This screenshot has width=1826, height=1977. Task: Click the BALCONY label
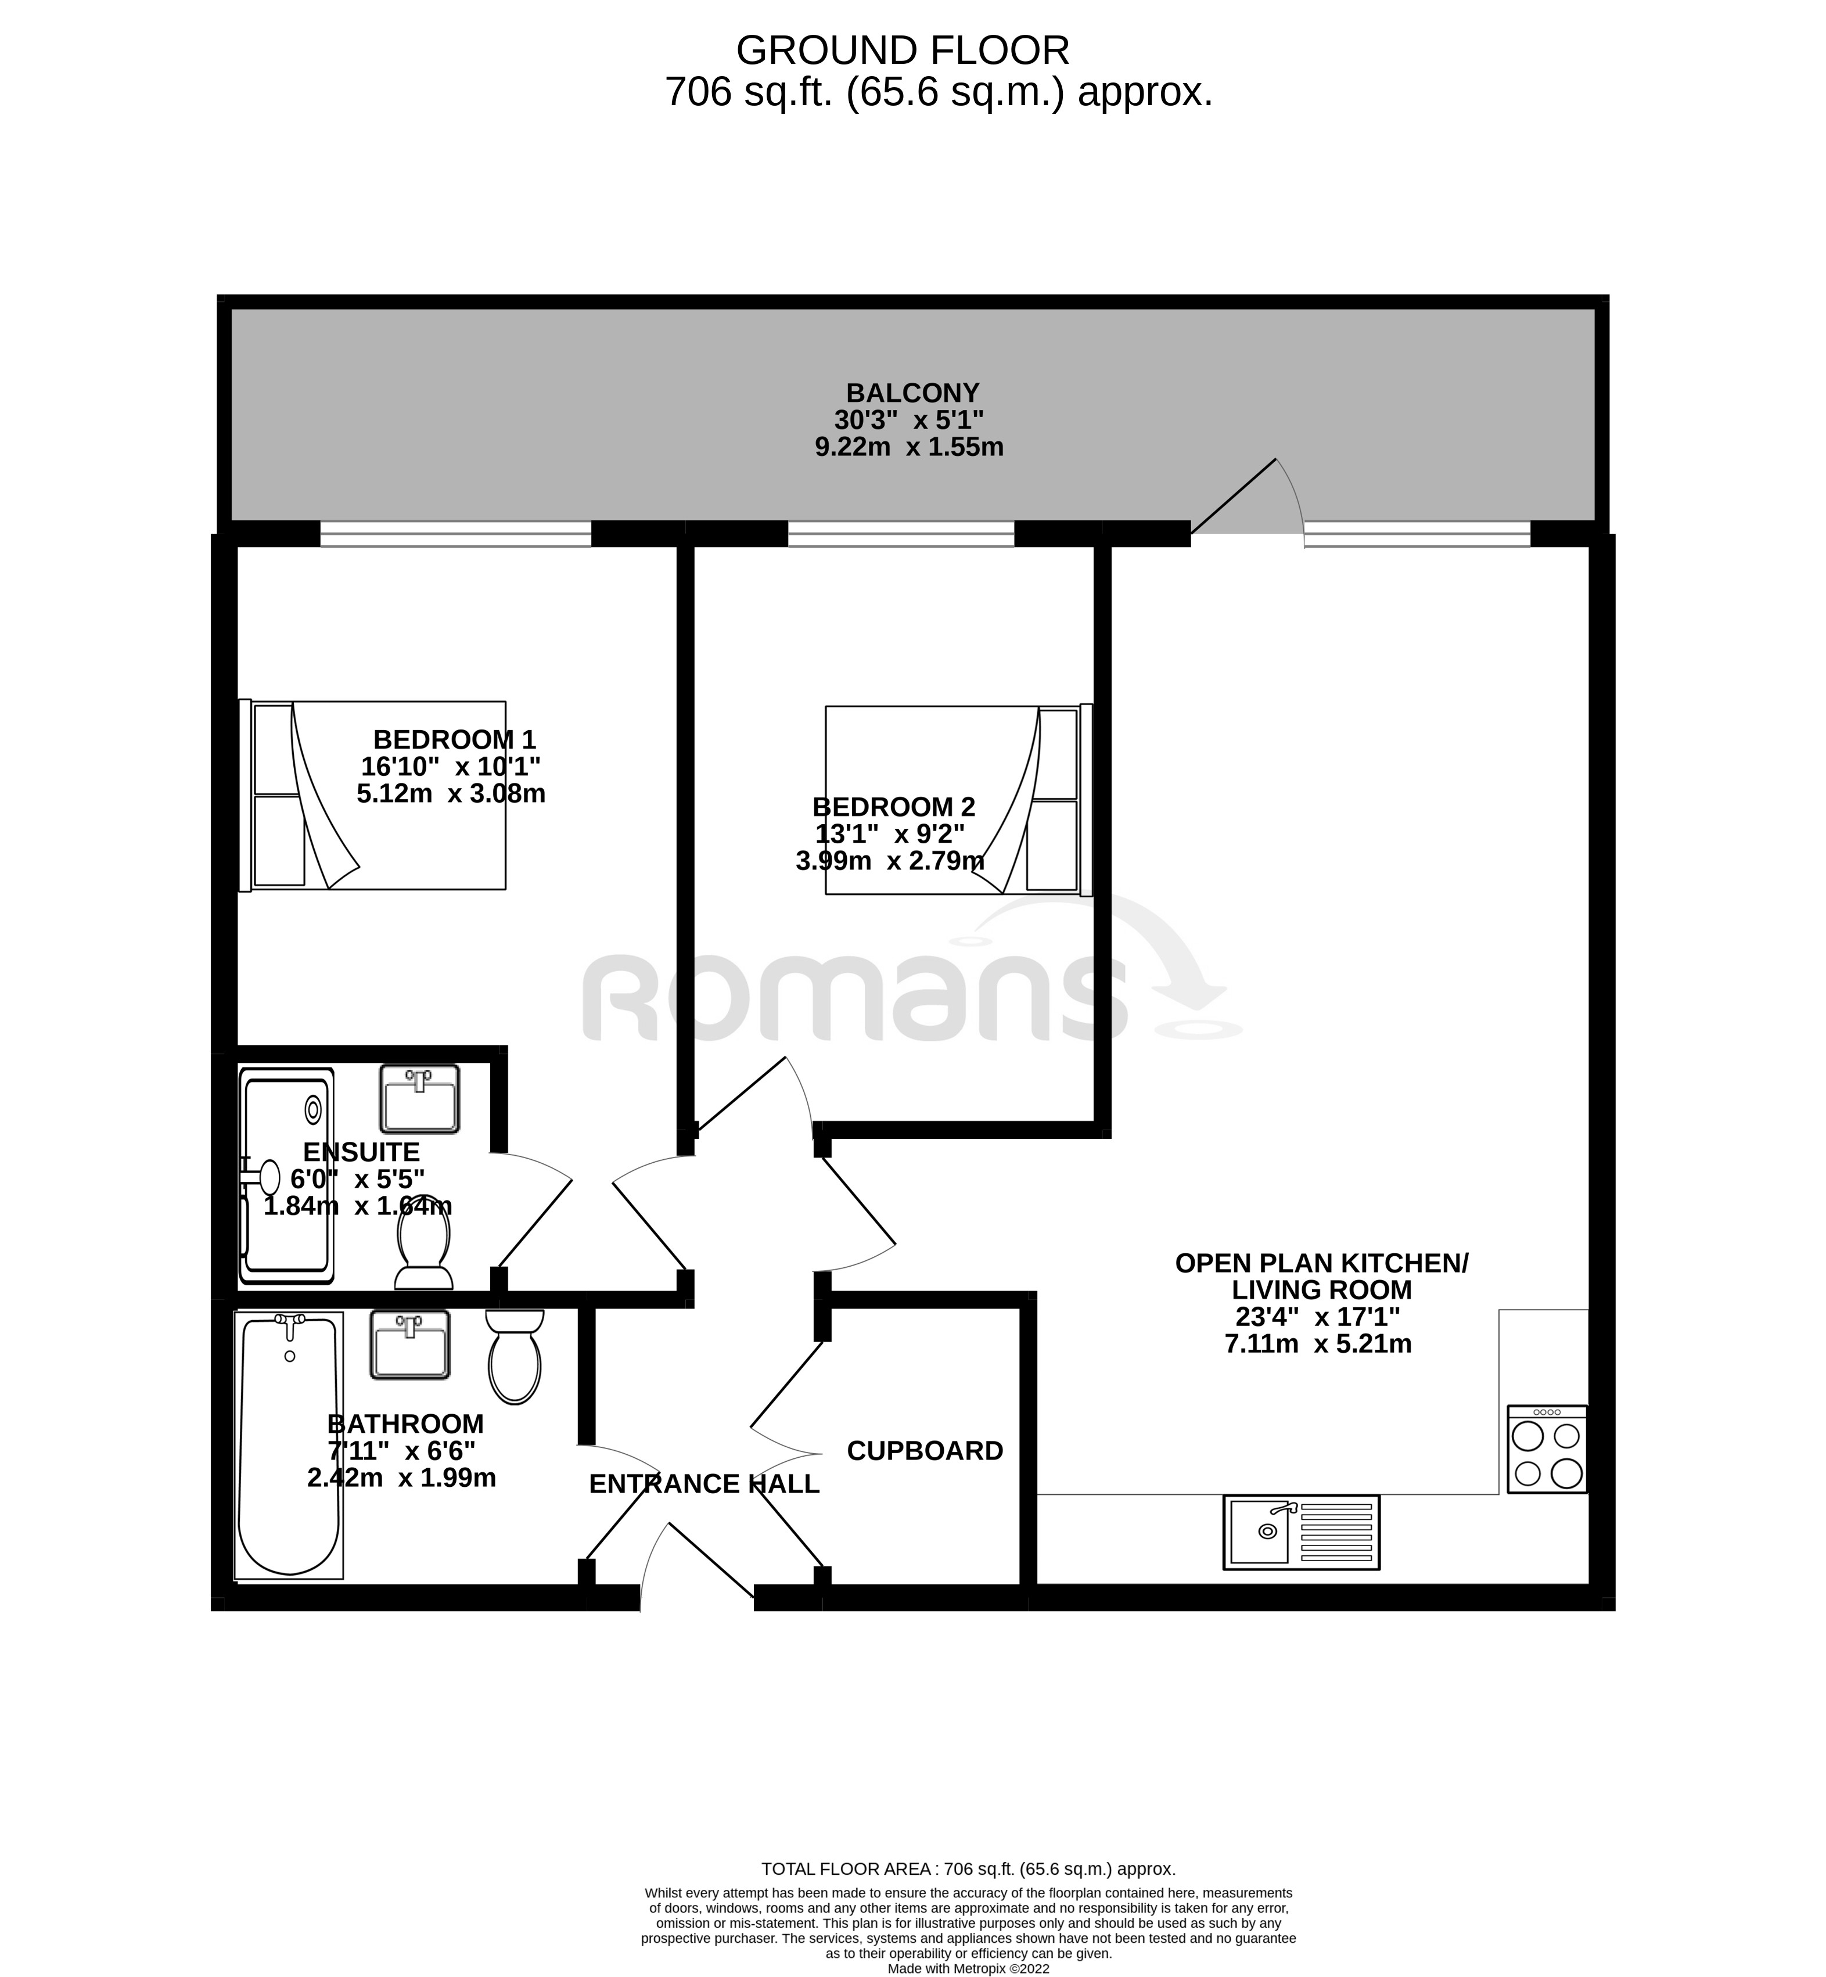(x=911, y=393)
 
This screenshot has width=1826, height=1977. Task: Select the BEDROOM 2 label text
(x=893, y=807)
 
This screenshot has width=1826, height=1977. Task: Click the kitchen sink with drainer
(x=1300, y=1532)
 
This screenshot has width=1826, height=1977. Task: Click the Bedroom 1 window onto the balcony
(x=455, y=534)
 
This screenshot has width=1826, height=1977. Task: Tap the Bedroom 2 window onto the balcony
(x=900, y=534)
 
